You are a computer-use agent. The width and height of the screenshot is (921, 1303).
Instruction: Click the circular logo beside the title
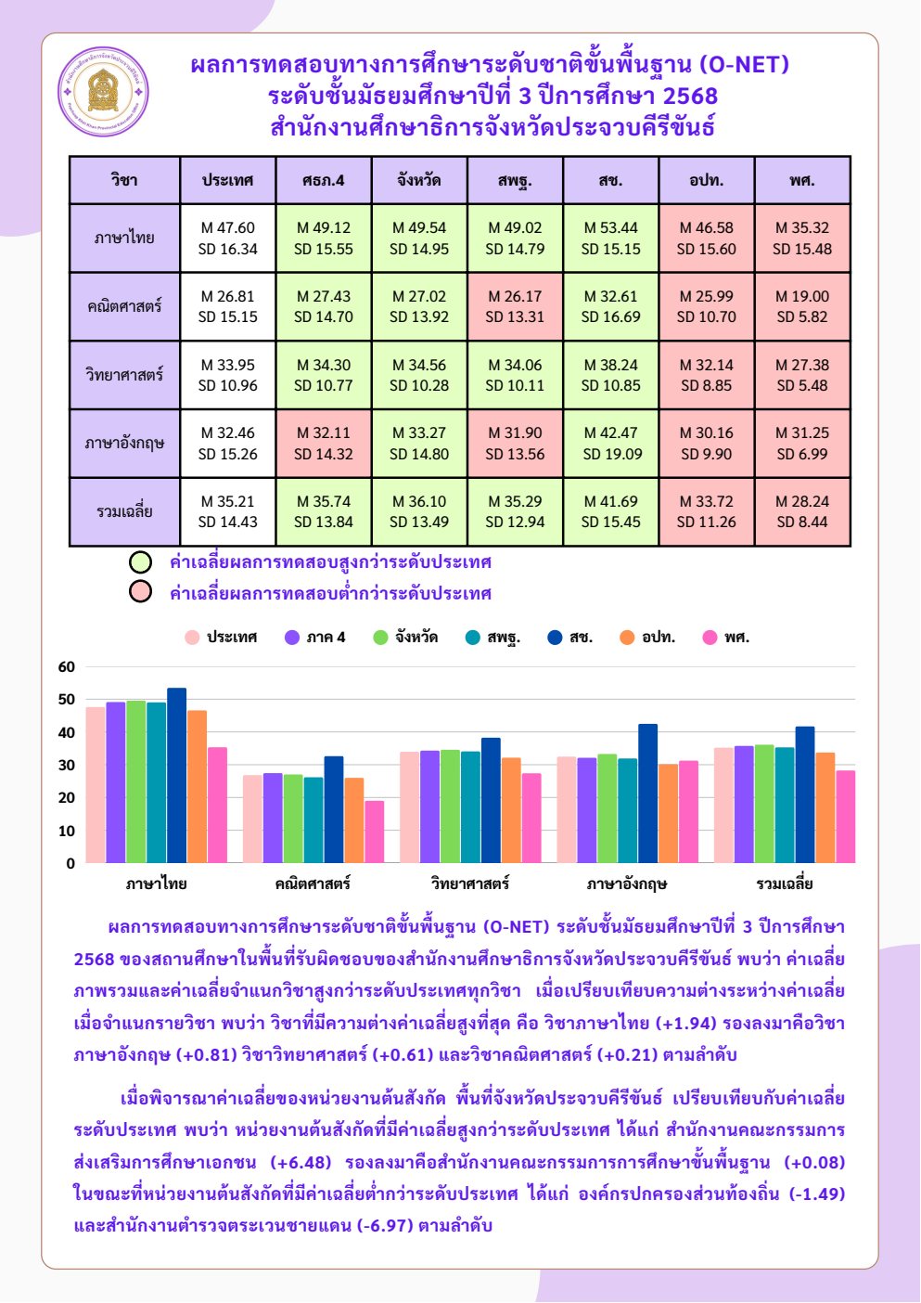(103, 92)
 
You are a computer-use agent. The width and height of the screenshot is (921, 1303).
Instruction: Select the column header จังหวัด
(419, 180)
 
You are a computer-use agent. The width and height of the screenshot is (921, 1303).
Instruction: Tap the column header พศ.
(802, 180)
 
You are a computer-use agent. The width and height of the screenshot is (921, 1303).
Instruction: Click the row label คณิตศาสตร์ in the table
(124, 306)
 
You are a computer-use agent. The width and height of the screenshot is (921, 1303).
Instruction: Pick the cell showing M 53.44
(610, 238)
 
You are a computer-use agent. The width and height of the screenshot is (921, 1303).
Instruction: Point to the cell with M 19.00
(802, 306)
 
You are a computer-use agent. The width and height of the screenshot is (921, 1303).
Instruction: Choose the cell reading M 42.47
(610, 444)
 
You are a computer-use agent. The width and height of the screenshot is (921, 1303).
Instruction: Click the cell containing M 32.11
(324, 444)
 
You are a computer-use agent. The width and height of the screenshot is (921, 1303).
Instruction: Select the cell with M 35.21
(228, 512)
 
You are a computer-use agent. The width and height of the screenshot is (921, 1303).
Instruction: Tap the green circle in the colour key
(140, 562)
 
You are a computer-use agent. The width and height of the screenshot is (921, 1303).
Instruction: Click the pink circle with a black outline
(140, 591)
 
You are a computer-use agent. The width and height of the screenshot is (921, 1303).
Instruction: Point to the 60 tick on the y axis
(67, 667)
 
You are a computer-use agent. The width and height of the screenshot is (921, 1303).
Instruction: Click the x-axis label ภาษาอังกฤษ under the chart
(627, 884)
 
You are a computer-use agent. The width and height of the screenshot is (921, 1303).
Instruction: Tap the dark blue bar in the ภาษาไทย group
(177, 776)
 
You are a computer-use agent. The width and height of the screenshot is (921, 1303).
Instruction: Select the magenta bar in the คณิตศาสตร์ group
(375, 832)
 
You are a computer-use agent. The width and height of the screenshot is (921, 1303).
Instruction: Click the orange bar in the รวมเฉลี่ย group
(825, 808)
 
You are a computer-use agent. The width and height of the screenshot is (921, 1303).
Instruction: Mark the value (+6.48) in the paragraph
(301, 1162)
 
